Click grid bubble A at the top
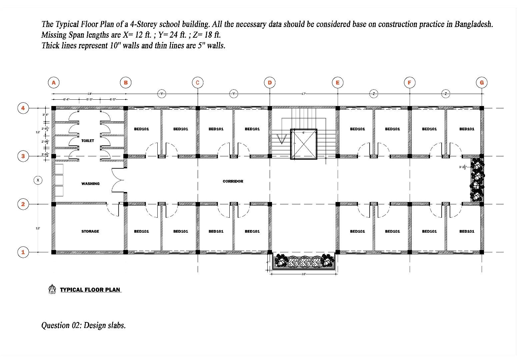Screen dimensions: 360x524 (54, 82)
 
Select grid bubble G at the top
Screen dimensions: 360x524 (482, 82)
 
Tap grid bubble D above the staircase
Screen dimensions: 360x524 (270, 82)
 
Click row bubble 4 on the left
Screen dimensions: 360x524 (23, 108)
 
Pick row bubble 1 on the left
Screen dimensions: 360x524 (23, 252)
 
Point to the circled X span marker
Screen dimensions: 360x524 (38, 180)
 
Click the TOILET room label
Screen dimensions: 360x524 (88, 141)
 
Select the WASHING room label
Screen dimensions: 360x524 (90, 184)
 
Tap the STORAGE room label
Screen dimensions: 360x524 (90, 231)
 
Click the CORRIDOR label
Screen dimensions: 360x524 (233, 181)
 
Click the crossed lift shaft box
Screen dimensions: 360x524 (303, 144)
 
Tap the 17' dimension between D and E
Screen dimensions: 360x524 (303, 94)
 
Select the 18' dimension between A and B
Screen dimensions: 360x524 (89, 94)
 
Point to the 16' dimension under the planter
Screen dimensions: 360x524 (303, 274)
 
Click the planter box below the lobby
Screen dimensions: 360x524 (303, 261)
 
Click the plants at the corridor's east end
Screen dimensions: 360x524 (477, 180)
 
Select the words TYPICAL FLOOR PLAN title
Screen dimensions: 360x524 (90, 290)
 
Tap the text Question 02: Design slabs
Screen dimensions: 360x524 (83, 325)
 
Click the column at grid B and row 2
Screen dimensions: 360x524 (126, 204)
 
